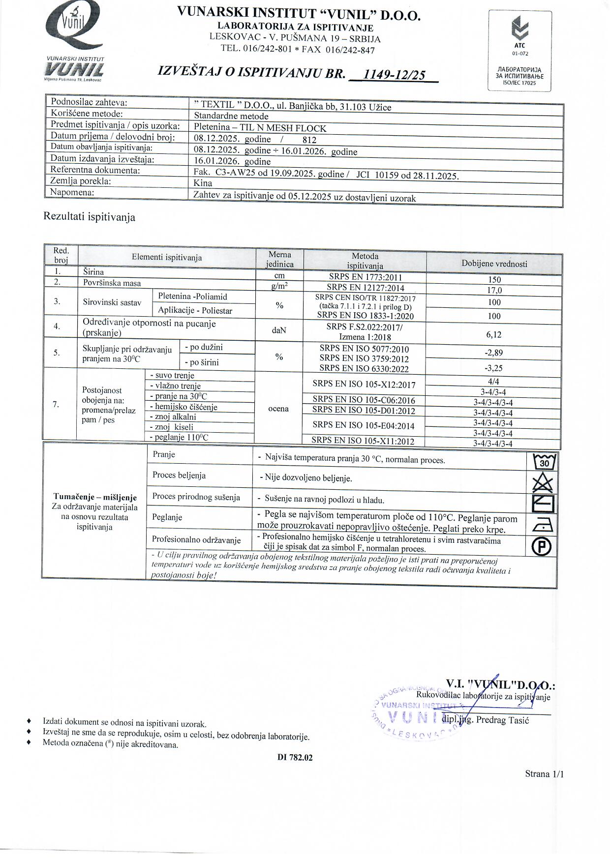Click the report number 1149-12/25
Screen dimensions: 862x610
[x=394, y=74]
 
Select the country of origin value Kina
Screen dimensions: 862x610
[x=203, y=183]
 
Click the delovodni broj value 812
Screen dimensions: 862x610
[x=309, y=140]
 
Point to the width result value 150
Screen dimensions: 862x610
[x=494, y=280]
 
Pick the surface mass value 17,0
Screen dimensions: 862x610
[x=494, y=290]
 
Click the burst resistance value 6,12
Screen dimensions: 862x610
[x=494, y=334]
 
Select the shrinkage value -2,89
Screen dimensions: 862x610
[x=494, y=353]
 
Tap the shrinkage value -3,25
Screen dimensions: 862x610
[x=494, y=368]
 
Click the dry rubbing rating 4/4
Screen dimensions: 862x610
[x=494, y=381]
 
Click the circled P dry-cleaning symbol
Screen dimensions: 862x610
[x=544, y=546]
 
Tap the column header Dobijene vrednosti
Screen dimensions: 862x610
[x=494, y=264]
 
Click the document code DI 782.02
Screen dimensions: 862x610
[x=295, y=757]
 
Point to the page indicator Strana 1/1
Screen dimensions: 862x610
[x=544, y=774]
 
